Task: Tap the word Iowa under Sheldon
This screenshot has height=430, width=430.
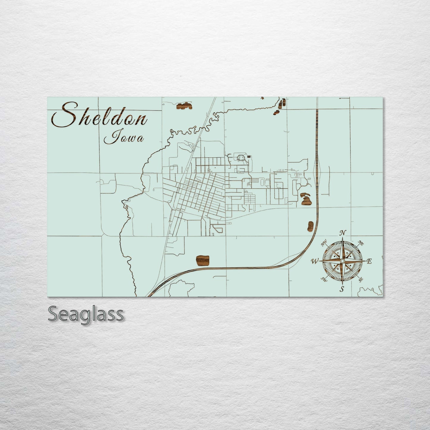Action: tap(123, 138)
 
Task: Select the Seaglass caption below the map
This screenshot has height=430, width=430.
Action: tap(85, 314)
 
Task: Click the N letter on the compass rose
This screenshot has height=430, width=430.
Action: tap(343, 233)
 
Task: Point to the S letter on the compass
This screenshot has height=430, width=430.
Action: tap(342, 289)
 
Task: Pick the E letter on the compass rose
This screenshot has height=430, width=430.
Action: tap(369, 262)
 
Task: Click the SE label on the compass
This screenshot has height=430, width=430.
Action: tap(361, 279)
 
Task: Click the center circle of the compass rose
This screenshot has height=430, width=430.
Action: tap(342, 261)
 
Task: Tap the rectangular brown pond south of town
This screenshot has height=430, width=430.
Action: tap(203, 260)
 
